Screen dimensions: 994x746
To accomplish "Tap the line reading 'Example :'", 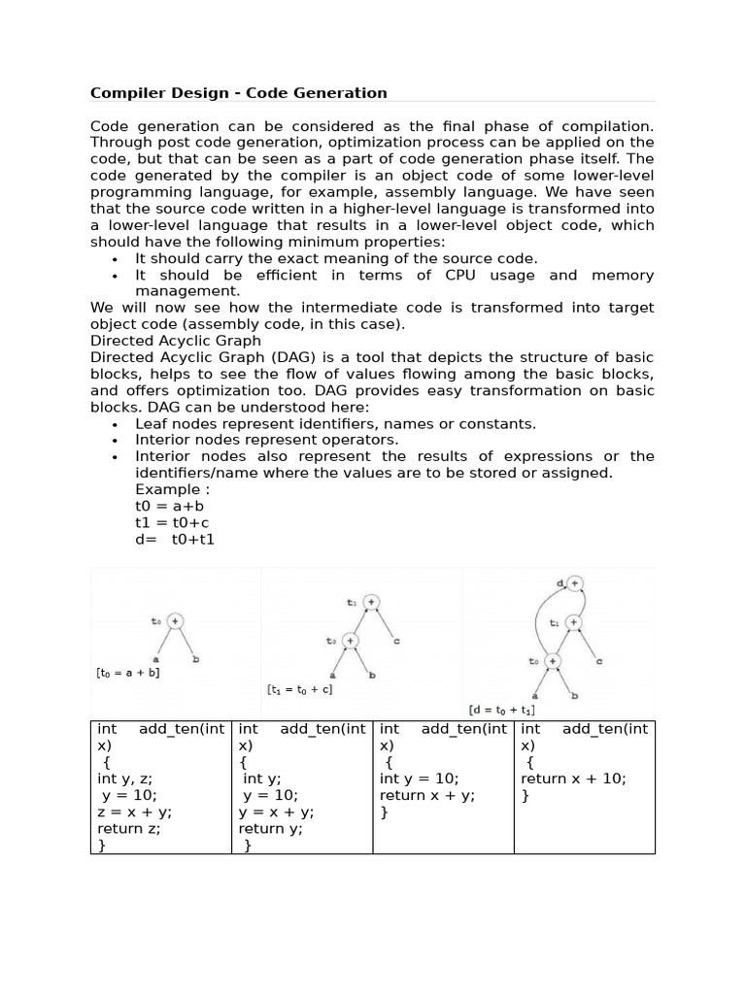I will [x=173, y=489].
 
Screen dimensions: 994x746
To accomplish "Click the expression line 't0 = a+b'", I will [x=170, y=506].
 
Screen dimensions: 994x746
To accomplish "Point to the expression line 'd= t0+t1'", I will [x=175, y=539].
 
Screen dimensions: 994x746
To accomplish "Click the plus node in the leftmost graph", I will [x=175, y=621].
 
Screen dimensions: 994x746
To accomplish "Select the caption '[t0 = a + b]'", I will [x=127, y=672].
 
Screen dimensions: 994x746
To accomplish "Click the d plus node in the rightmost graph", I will [x=575, y=583].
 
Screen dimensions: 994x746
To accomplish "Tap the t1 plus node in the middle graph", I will [x=370, y=602].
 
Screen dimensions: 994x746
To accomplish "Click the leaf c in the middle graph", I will [x=397, y=641].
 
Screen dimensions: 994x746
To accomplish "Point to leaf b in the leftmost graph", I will [x=197, y=659].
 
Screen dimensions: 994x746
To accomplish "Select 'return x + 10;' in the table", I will [x=573, y=779].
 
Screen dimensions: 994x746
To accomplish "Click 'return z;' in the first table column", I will [x=129, y=829].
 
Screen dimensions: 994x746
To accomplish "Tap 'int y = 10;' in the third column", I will [x=420, y=779].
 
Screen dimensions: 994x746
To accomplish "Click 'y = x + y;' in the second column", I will [x=276, y=812].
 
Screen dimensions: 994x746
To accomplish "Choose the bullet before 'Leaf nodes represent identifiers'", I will [x=115, y=424].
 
